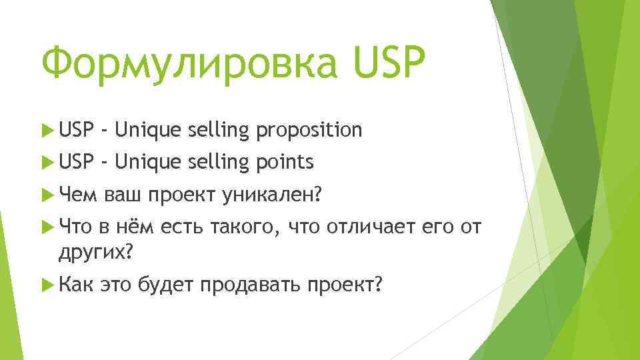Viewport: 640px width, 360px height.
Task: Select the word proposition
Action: pyautogui.click(x=309, y=130)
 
